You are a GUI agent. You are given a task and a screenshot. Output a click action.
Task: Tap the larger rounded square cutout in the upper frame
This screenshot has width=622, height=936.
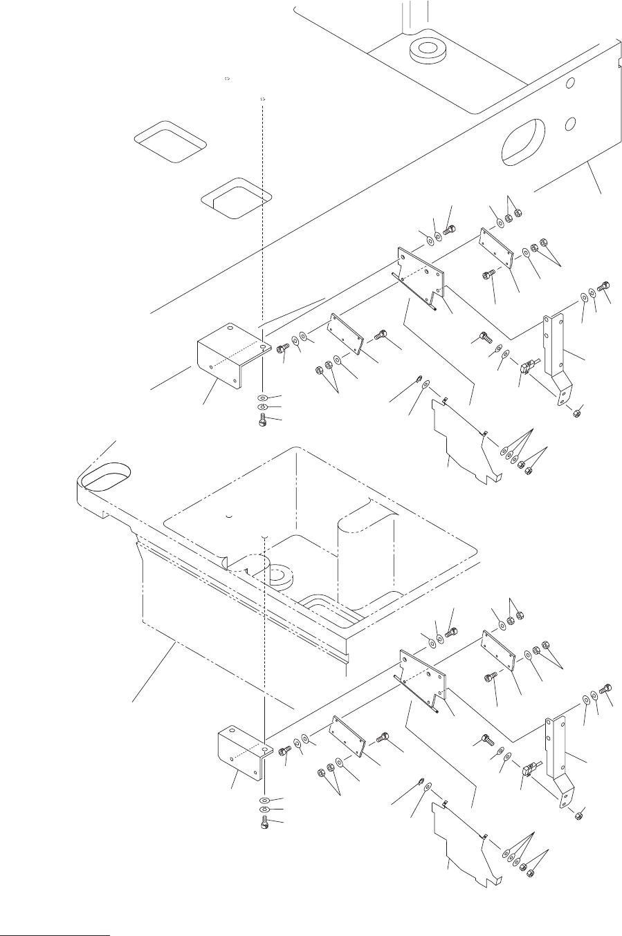(170, 141)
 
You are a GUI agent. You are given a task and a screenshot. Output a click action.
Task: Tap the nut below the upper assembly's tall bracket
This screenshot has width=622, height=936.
(578, 414)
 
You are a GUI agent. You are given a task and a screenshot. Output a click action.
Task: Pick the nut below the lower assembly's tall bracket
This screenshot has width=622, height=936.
(579, 816)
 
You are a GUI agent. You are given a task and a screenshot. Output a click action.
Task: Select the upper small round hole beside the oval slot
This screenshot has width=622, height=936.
(571, 84)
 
